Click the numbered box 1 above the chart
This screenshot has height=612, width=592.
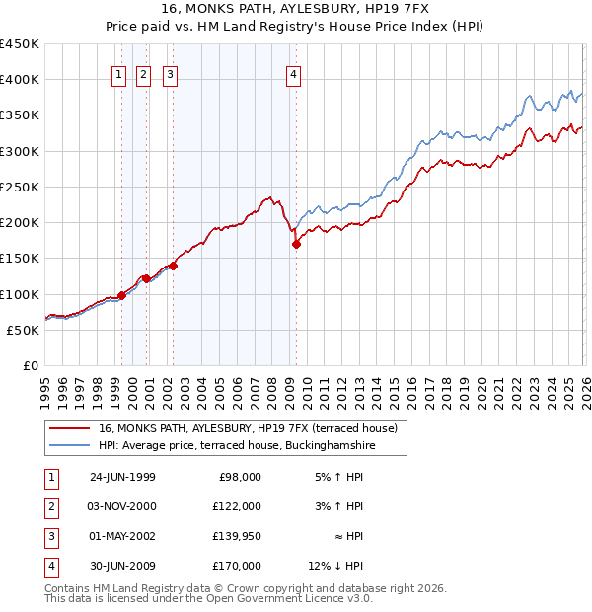118,72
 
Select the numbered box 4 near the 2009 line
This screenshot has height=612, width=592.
294,72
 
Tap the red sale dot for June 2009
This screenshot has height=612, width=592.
296,245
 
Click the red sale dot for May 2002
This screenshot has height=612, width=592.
173,266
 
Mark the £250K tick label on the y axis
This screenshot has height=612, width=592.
19,187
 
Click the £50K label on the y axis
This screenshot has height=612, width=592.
23,330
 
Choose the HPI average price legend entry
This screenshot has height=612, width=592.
237,446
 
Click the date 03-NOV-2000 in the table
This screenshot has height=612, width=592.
122,506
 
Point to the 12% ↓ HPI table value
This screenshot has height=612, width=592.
336,566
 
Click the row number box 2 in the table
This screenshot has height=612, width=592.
48,506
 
